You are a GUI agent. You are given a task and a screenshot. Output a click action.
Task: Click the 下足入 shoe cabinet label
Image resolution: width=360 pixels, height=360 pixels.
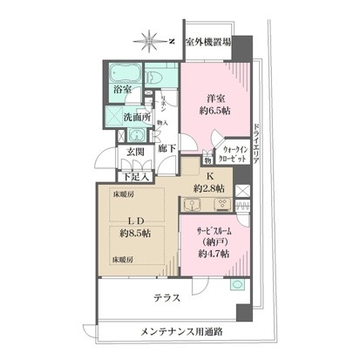tap(139, 177)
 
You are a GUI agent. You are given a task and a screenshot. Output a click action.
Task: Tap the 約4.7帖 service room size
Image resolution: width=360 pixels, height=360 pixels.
tap(212, 253)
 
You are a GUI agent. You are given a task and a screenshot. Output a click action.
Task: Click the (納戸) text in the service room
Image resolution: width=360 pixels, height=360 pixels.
tap(212, 241)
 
